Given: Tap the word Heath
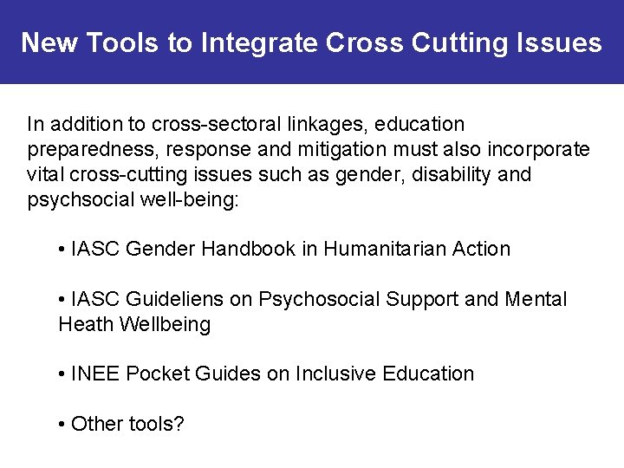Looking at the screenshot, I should tap(87, 325).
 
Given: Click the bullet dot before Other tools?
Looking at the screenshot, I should tap(62, 425).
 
